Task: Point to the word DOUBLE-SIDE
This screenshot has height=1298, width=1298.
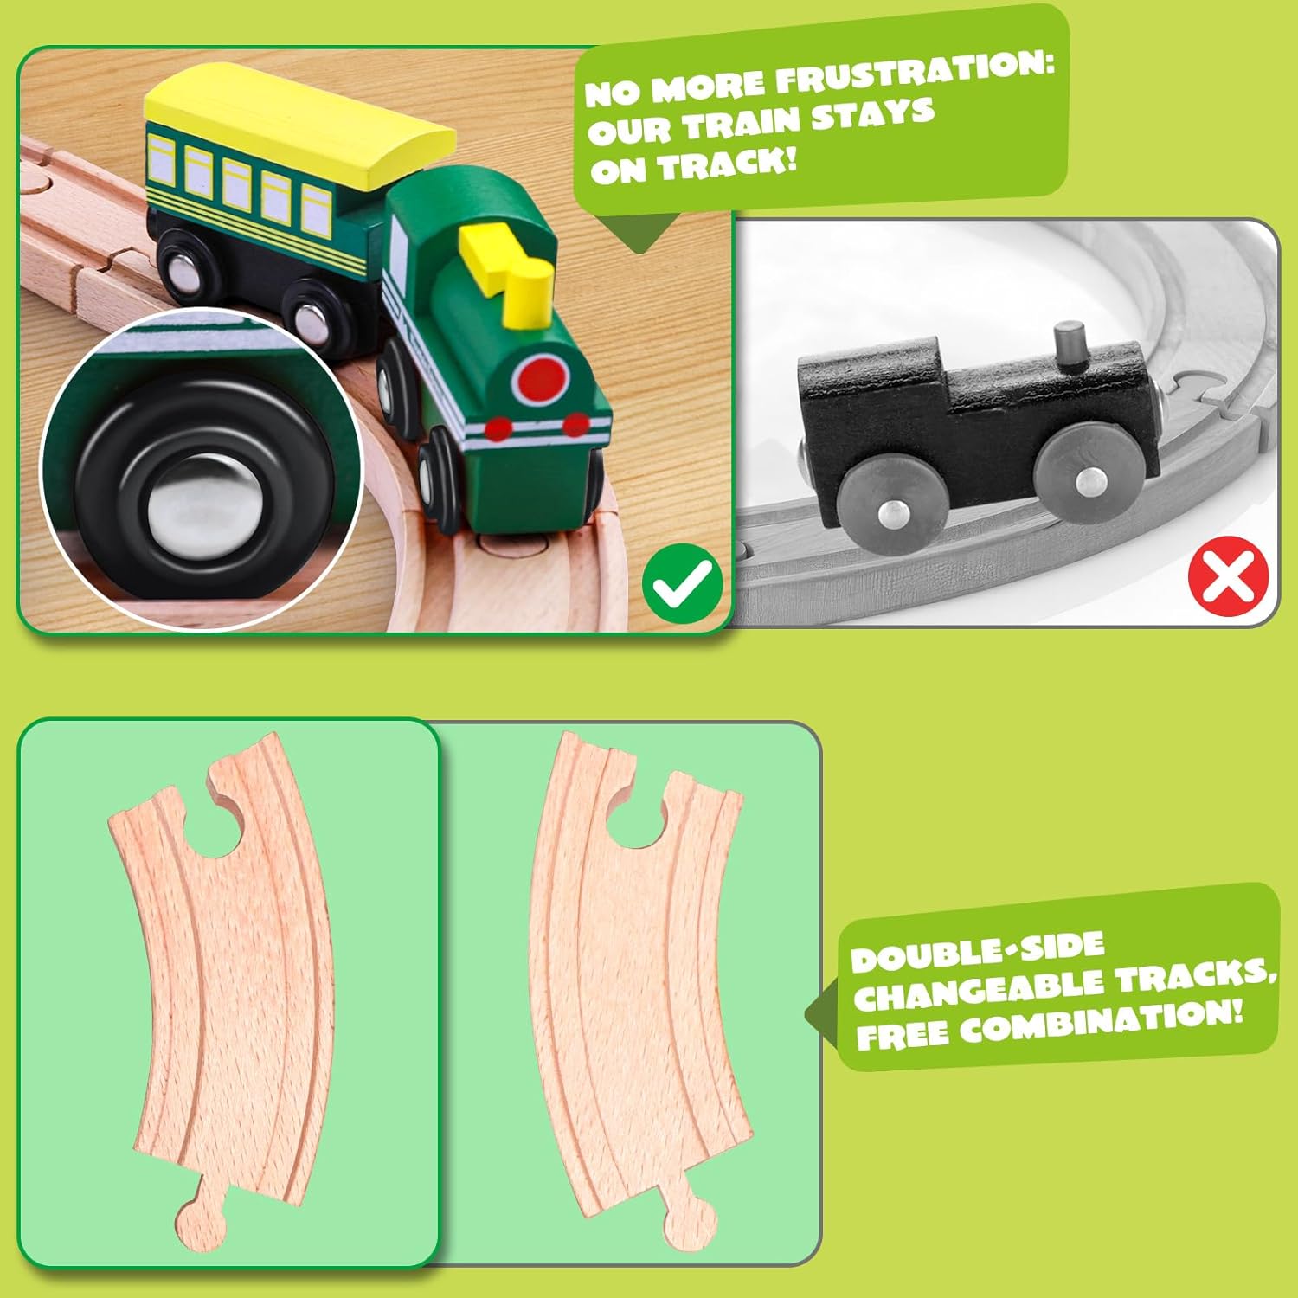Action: tap(977, 952)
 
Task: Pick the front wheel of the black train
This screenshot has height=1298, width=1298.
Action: tap(1083, 476)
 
